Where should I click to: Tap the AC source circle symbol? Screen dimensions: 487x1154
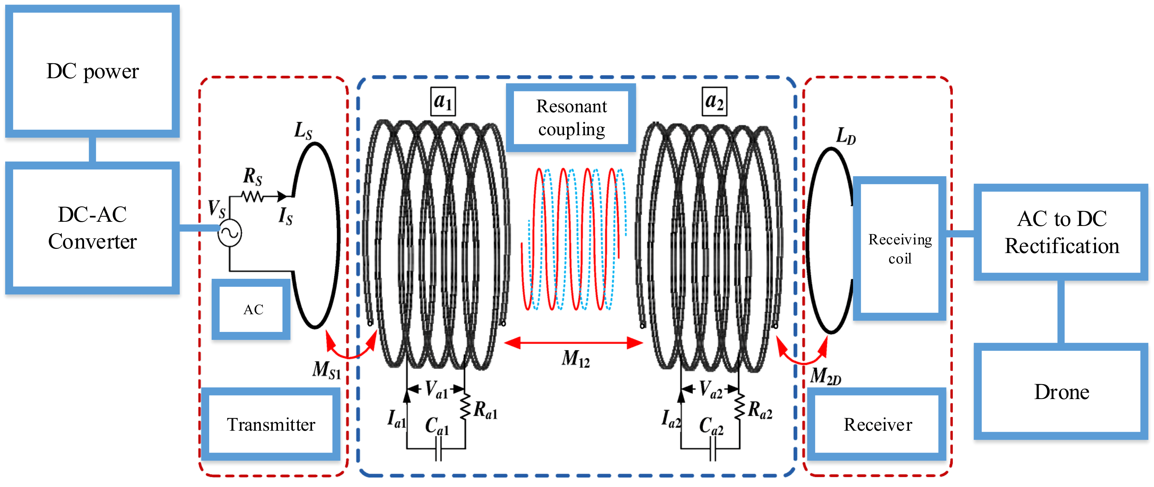pos(230,233)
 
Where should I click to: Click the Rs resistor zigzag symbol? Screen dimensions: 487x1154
pos(252,196)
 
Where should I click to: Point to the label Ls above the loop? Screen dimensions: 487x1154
pos(303,131)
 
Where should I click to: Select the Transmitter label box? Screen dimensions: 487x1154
pos(271,424)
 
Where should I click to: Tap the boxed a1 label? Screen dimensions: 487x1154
pos(443,102)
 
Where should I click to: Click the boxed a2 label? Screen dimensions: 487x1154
pos(714,102)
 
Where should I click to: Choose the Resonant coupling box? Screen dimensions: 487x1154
pos(571,118)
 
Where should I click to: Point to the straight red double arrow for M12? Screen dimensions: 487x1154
pos(573,343)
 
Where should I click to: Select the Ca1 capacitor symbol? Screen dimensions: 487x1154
pos(439,448)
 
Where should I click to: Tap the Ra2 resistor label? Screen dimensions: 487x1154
pos(760,410)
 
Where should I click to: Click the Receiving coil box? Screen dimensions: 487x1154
pos(900,249)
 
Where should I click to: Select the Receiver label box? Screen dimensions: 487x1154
pos(877,424)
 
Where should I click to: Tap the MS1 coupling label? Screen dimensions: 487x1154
pos(327,371)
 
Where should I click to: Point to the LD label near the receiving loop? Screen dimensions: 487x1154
pos(846,136)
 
